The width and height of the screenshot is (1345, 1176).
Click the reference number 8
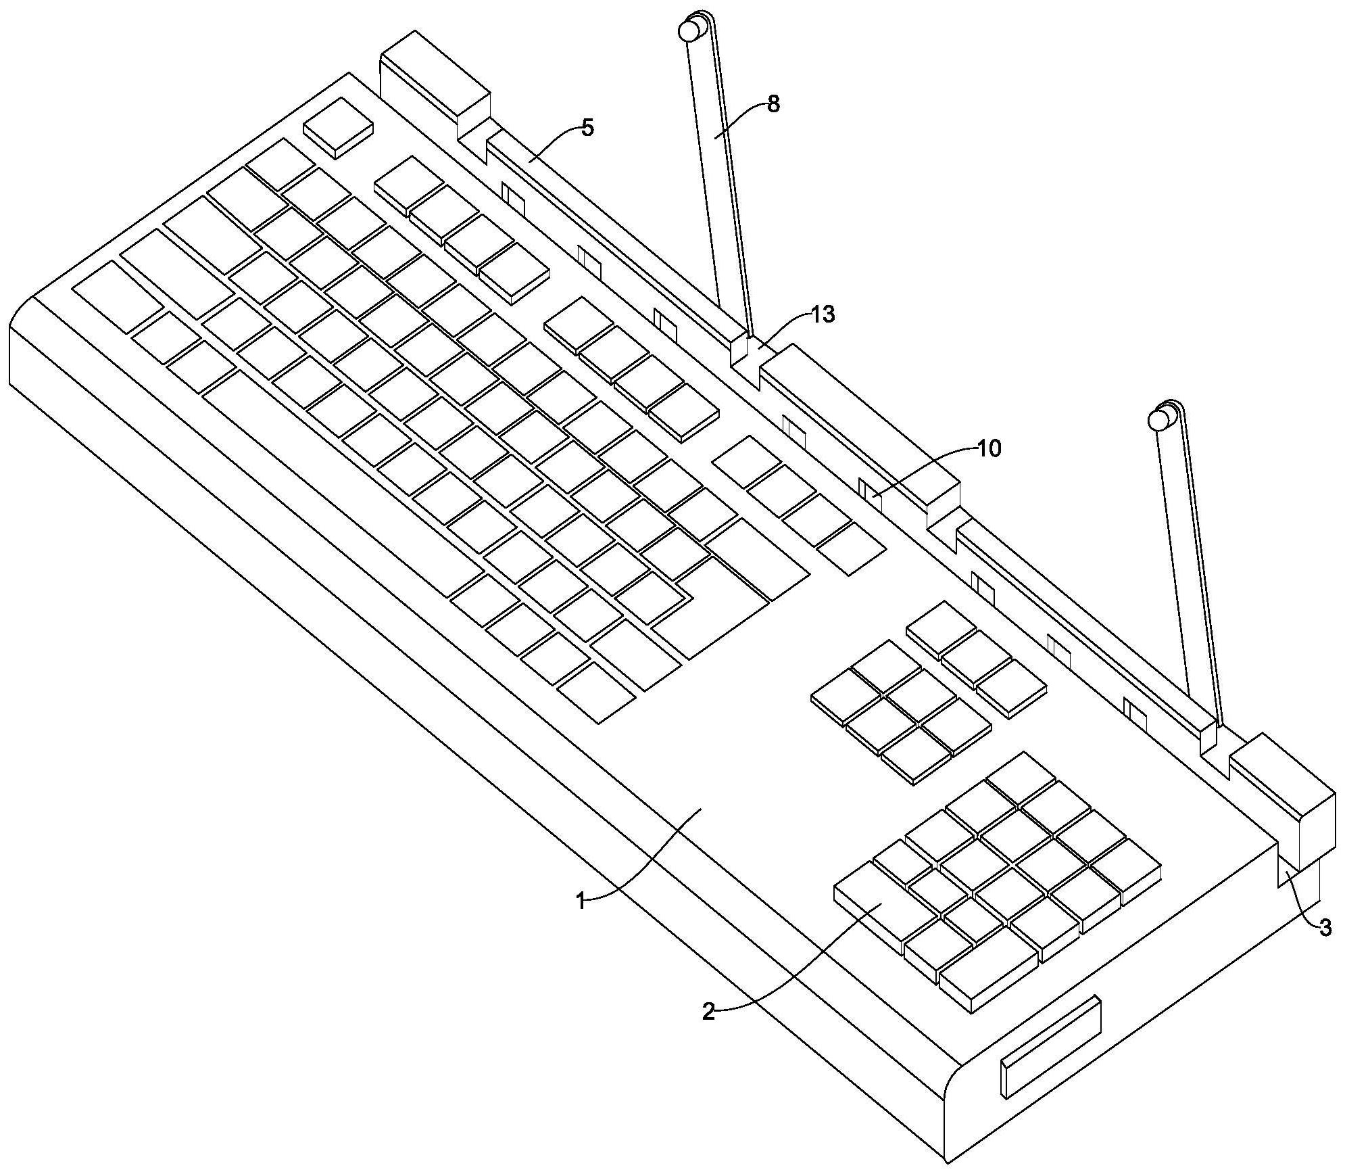773,103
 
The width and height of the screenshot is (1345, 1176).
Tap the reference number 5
587,127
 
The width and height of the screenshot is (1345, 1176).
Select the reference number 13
823,314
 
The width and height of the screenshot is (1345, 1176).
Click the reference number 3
1325,928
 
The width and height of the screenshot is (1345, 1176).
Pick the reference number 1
581,901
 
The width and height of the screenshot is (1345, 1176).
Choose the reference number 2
708,1012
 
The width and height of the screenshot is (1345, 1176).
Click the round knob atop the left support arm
689,30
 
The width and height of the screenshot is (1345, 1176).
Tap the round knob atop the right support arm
1158,419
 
